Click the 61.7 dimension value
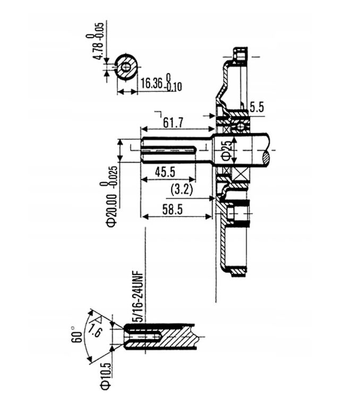point(173,122)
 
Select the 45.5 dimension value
point(165,171)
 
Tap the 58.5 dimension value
point(172,210)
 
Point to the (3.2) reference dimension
point(182,190)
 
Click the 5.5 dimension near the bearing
point(256,107)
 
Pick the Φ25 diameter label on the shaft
point(226,151)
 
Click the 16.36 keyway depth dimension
point(151,83)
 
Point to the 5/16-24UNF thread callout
point(139,296)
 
